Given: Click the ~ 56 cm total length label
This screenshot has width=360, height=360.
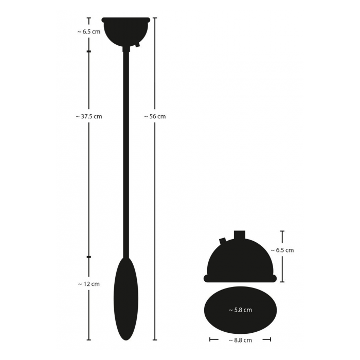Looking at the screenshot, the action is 155,116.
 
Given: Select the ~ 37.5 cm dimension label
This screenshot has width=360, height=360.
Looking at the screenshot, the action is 89,116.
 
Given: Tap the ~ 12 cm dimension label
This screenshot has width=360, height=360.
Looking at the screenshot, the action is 89,284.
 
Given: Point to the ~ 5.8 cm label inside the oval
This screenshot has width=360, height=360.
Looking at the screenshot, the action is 240,310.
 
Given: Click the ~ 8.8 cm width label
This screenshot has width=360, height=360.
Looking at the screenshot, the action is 240,340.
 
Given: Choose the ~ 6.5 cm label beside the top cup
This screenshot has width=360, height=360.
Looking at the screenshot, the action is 89,32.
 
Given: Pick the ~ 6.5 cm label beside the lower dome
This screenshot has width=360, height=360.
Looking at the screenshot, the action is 282,250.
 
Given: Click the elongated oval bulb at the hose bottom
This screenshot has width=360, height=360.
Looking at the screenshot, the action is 126,298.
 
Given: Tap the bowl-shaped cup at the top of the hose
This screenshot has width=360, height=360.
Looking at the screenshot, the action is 126,32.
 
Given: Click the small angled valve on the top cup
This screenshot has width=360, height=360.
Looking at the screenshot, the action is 137,44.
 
